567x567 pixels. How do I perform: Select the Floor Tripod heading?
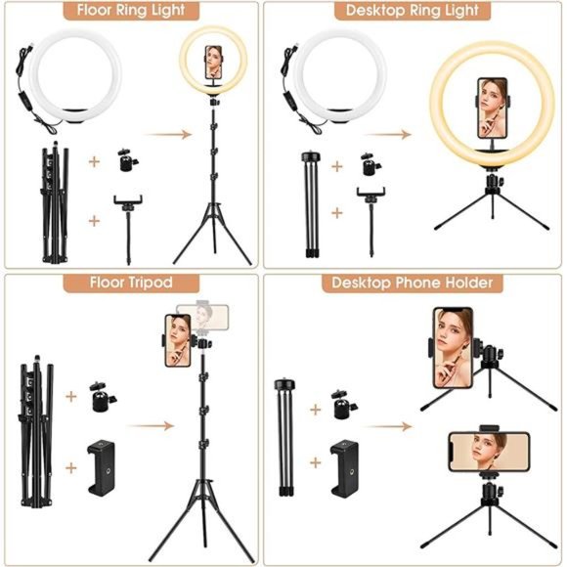coord(133,283)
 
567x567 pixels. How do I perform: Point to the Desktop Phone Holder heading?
coord(413,283)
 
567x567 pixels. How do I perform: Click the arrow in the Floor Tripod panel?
coord(147,426)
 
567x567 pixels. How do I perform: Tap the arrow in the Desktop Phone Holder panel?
coord(401,426)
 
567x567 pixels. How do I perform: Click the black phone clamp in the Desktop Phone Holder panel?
coord(343,459)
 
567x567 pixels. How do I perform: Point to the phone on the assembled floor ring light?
coord(212,63)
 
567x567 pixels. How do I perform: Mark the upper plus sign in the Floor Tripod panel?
coord(70,397)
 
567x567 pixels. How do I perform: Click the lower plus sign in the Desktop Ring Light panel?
coord(337,211)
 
